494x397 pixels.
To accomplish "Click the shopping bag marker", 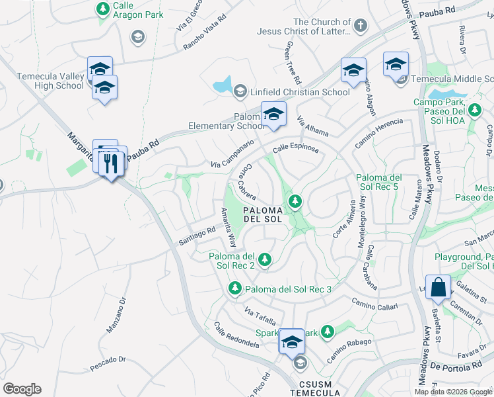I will pos(438,288).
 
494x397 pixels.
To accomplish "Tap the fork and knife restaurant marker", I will pos(112,162).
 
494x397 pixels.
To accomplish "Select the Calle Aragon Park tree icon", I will pos(102,9).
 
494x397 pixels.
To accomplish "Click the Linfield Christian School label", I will pos(299,92).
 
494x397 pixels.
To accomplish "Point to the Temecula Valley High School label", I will pos(42,81).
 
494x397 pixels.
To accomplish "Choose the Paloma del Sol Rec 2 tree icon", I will pos(265,259).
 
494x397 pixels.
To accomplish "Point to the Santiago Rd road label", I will pos(197,238).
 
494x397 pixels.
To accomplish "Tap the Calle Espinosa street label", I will pos(295,149).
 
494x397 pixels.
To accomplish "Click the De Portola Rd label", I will pos(452,365).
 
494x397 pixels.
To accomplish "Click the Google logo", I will pos(22,389).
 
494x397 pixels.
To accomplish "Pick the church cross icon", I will pos(359,26).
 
